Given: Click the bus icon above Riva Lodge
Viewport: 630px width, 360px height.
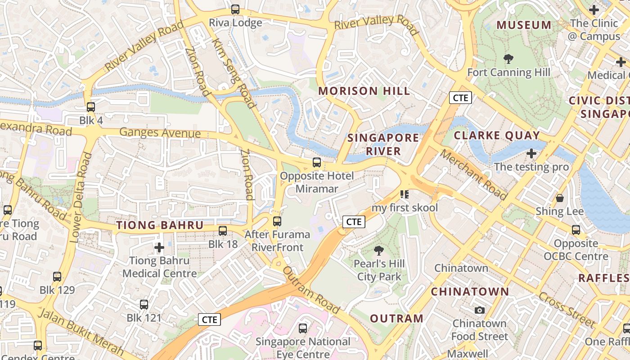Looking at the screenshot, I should [x=235, y=9].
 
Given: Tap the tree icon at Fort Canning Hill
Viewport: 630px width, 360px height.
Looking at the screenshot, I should [x=508, y=58].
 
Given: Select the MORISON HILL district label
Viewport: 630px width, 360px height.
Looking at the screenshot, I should [x=364, y=91].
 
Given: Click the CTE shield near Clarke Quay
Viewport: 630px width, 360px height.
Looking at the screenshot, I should [x=460, y=98].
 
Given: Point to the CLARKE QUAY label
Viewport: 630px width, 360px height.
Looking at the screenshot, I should [x=496, y=135].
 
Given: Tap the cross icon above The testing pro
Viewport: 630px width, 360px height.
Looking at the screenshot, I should [x=531, y=153].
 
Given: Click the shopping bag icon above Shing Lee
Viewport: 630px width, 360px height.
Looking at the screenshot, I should [x=560, y=198].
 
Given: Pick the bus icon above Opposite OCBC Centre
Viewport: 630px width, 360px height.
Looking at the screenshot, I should [x=576, y=230].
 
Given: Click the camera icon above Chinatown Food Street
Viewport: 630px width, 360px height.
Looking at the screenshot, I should [x=480, y=310].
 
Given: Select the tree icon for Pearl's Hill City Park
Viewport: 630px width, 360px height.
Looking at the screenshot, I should [x=379, y=250].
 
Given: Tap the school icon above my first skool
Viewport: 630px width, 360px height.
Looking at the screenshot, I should [x=404, y=194].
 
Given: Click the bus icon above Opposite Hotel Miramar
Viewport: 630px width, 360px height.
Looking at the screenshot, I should [x=317, y=162].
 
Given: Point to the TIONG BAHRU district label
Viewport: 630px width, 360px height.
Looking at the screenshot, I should [x=160, y=225].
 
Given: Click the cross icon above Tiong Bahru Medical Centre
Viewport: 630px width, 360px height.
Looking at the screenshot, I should [x=159, y=247].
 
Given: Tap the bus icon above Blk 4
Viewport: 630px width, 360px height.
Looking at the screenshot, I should [x=91, y=107].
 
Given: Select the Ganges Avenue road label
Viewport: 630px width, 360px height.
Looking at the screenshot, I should [x=160, y=133].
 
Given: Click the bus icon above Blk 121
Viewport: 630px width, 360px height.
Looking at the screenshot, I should [x=144, y=305].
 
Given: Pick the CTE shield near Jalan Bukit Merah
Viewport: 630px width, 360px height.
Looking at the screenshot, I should [x=209, y=320].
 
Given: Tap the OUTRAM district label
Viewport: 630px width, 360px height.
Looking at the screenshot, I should [x=396, y=319].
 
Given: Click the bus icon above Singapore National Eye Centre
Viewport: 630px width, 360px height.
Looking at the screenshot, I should [x=303, y=328].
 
